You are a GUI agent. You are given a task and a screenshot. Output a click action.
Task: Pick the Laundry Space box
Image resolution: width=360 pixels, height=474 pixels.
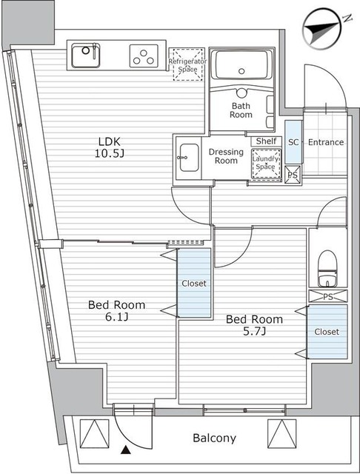[264, 162]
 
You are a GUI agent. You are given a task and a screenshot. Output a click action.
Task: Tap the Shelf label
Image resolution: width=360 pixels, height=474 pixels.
[265, 141]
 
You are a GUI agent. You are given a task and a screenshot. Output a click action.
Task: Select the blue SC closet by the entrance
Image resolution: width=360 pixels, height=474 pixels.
[293, 141]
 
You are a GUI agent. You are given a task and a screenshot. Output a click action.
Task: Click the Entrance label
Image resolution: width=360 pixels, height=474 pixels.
[325, 141]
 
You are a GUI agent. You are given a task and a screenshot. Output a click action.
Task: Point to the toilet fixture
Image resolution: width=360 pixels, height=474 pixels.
[327, 269]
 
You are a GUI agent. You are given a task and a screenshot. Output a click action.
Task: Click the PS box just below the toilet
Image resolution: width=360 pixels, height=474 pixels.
[327, 296]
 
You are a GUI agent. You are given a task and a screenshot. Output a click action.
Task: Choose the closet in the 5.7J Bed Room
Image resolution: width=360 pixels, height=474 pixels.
[327, 332]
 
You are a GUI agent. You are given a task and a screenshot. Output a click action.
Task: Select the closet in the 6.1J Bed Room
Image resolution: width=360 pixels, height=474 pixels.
[193, 283]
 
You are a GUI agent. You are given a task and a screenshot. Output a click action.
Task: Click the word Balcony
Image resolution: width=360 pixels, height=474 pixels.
[215, 438]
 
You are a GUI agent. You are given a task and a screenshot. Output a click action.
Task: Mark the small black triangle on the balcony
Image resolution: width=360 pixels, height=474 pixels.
[124, 449]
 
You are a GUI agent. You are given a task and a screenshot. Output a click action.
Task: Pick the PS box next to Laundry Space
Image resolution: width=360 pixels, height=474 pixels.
[293, 174]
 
